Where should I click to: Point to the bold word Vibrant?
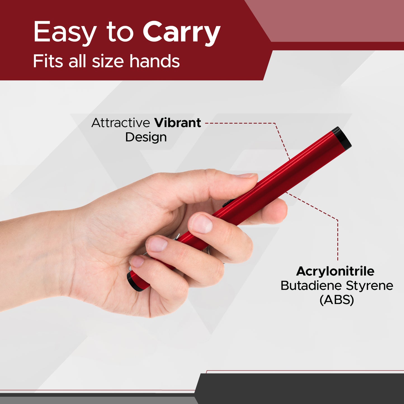[178, 123]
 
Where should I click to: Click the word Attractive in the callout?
[121, 123]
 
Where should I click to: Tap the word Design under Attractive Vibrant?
[146, 137]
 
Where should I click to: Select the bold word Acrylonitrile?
[335, 271]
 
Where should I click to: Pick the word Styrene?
[370, 286]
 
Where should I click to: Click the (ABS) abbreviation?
[337, 300]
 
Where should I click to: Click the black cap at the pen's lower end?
[133, 282]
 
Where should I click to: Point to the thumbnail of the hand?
[246, 176]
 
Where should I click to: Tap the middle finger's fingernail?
[157, 244]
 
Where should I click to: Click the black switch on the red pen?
[227, 203]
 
